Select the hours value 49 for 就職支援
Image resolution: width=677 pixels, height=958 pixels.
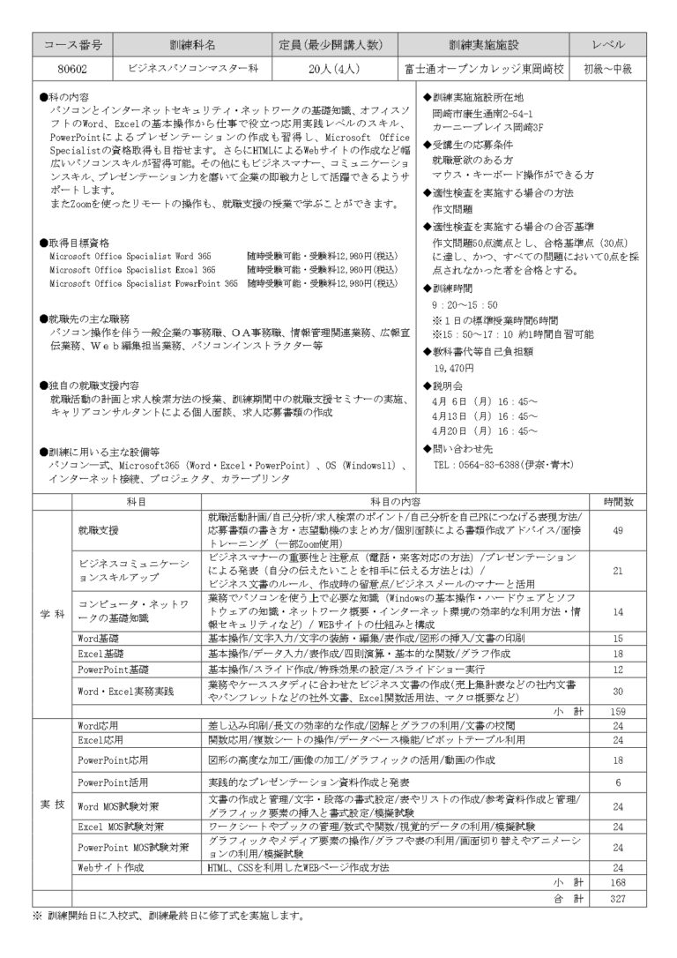[617, 530]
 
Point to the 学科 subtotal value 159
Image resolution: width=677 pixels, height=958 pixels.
[617, 710]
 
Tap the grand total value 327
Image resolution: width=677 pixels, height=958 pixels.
[617, 898]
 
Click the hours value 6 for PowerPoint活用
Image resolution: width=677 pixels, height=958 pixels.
[617, 782]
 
